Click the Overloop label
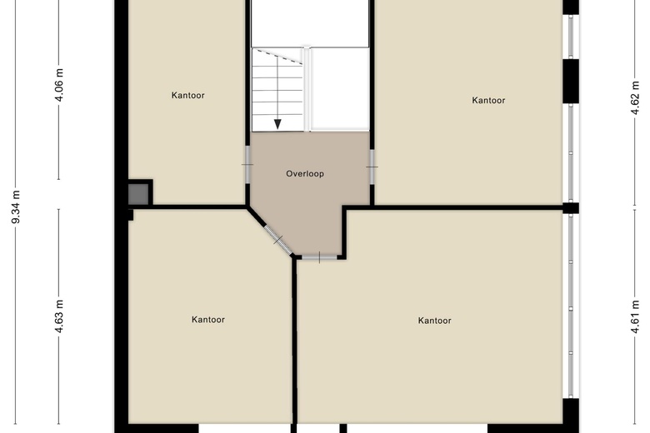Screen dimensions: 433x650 pos(304,174)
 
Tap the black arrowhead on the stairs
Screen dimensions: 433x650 pos(277,124)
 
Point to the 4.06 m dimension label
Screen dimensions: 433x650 pos(59,84)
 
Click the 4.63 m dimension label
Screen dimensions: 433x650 pos(59,317)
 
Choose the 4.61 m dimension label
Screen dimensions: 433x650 pos(634,316)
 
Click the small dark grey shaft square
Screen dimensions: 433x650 pos(139,193)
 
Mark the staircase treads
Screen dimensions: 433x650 pos(277,88)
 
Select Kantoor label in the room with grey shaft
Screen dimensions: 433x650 pos(187,95)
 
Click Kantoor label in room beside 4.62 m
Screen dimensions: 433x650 pos(488,101)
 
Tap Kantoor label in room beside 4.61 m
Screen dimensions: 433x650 pos(434,321)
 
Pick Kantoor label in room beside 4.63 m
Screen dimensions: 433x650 pos(207,319)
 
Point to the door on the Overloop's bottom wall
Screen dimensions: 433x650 pos(319,257)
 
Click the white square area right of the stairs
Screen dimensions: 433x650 pos(339,87)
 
